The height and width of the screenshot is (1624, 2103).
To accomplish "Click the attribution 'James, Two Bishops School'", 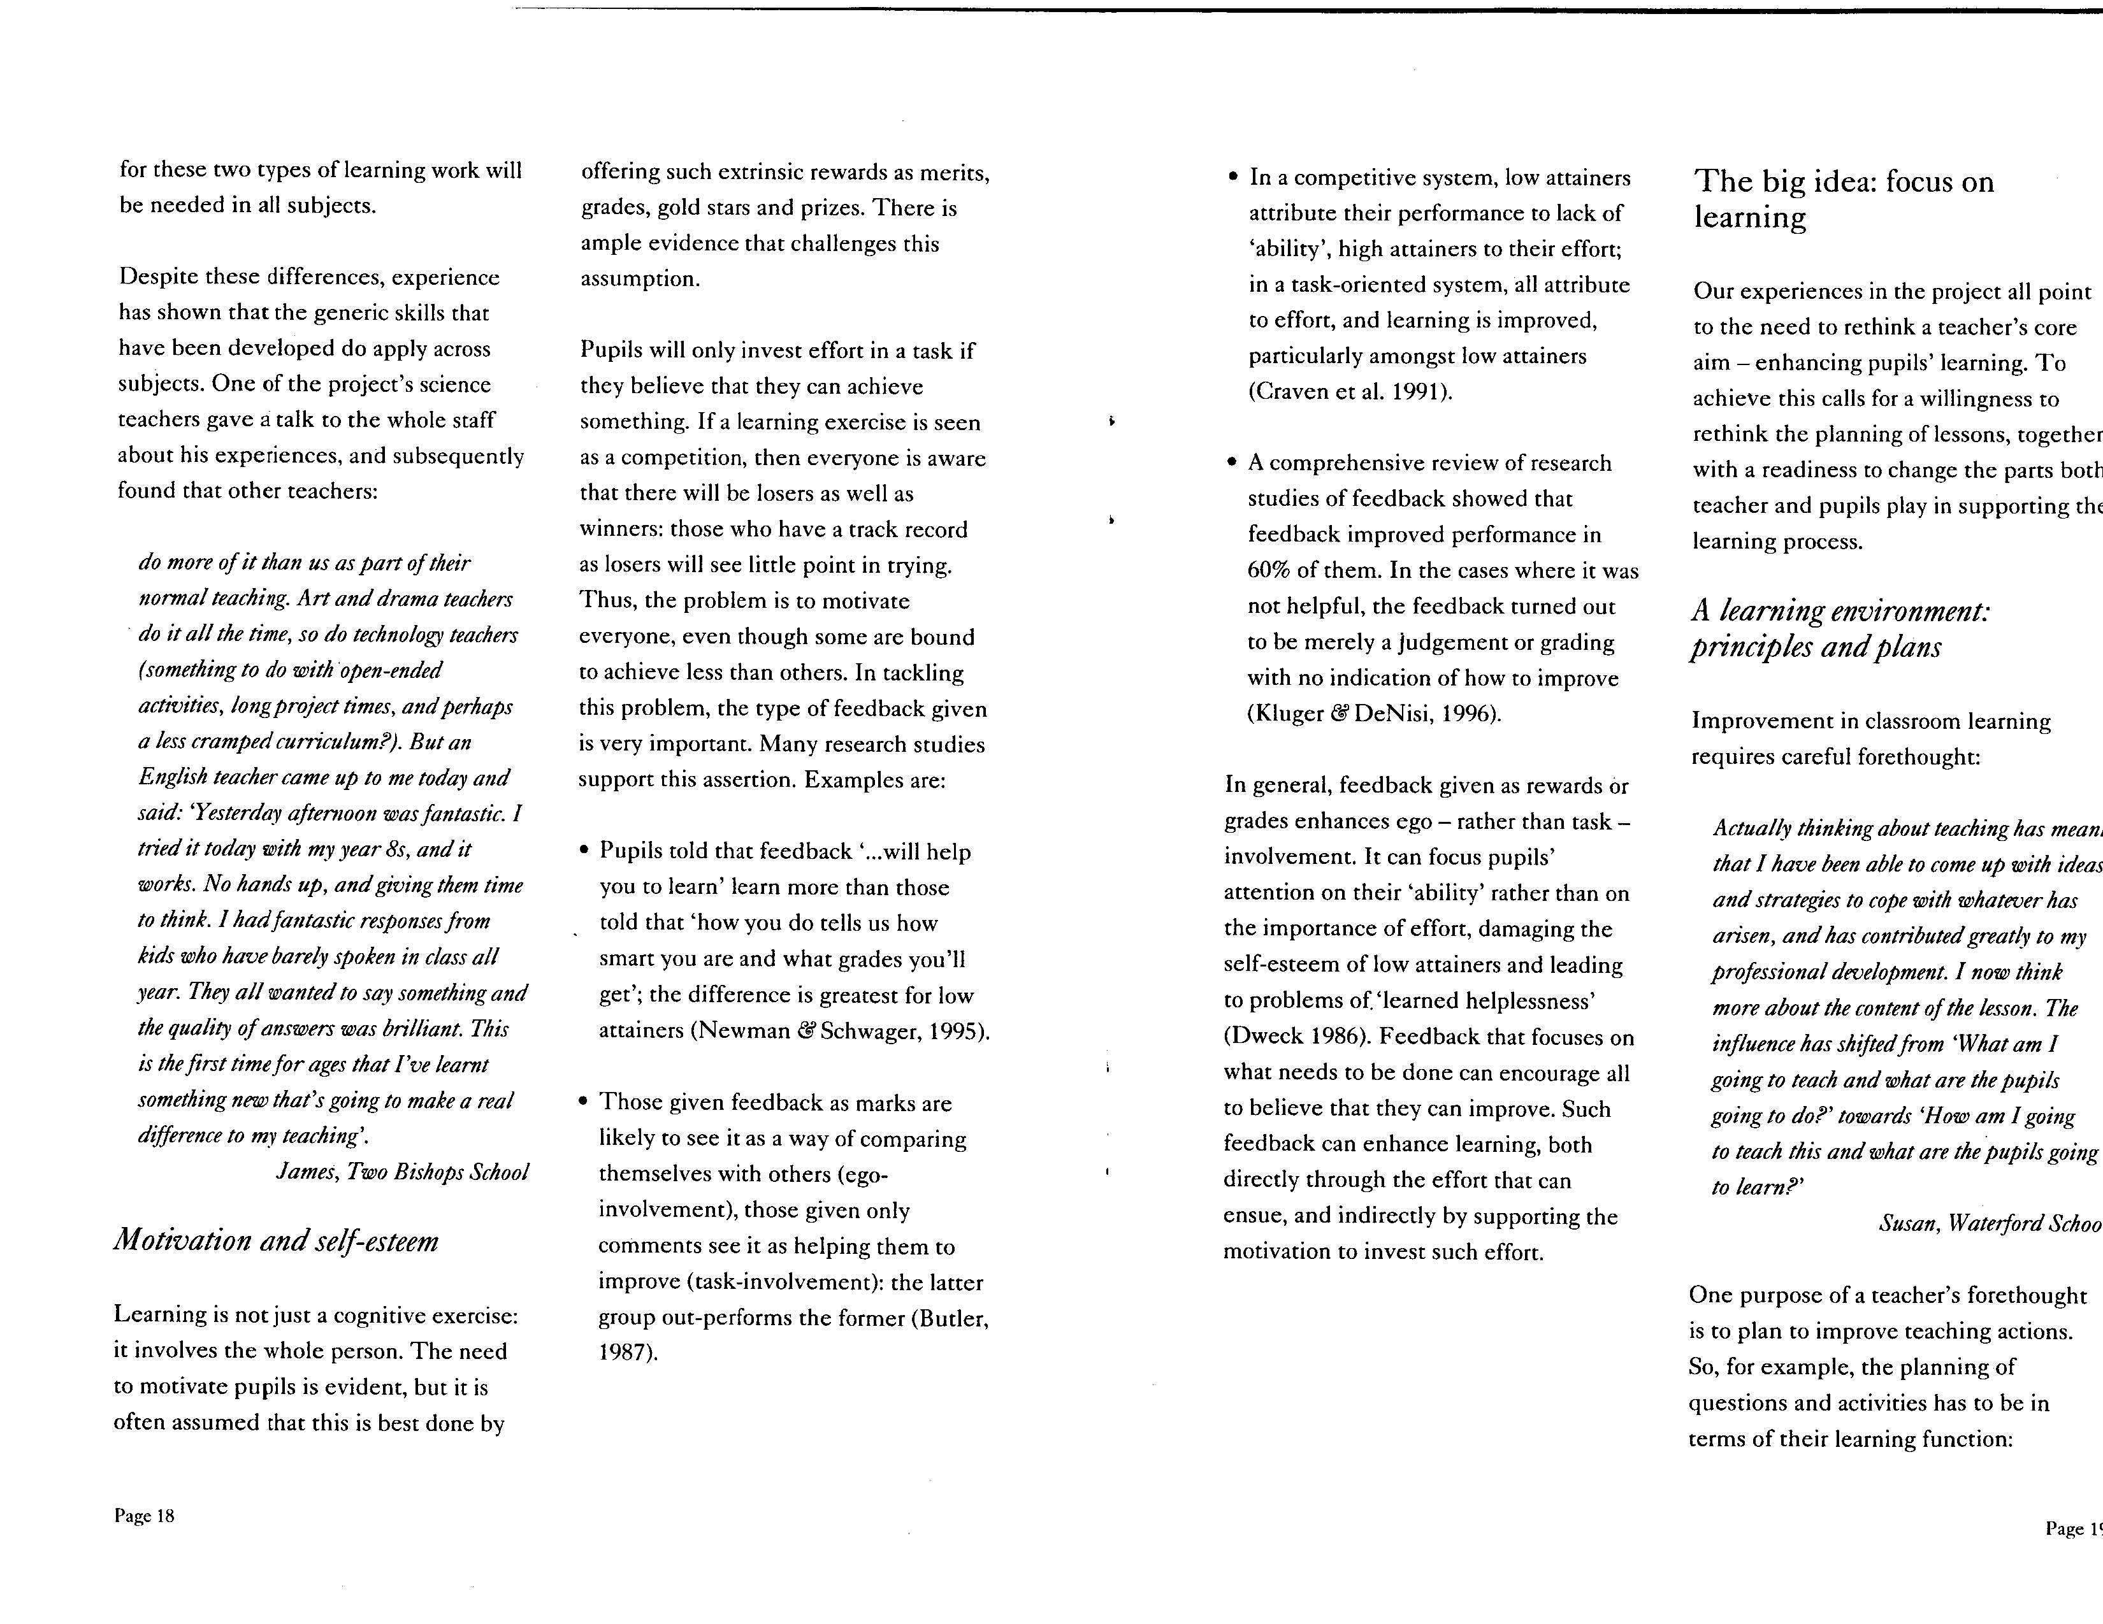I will (x=403, y=1172).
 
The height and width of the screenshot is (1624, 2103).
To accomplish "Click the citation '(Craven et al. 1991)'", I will (x=1350, y=392).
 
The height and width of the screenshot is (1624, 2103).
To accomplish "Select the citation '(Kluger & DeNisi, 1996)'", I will (x=1374, y=714).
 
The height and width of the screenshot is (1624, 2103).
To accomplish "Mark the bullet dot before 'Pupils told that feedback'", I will (x=584, y=852).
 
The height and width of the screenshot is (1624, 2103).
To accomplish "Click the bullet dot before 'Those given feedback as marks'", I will (x=584, y=1103).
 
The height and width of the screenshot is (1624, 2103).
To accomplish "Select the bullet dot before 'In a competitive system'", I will (x=1234, y=178).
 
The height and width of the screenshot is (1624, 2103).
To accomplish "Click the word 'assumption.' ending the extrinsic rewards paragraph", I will (x=639, y=279).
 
